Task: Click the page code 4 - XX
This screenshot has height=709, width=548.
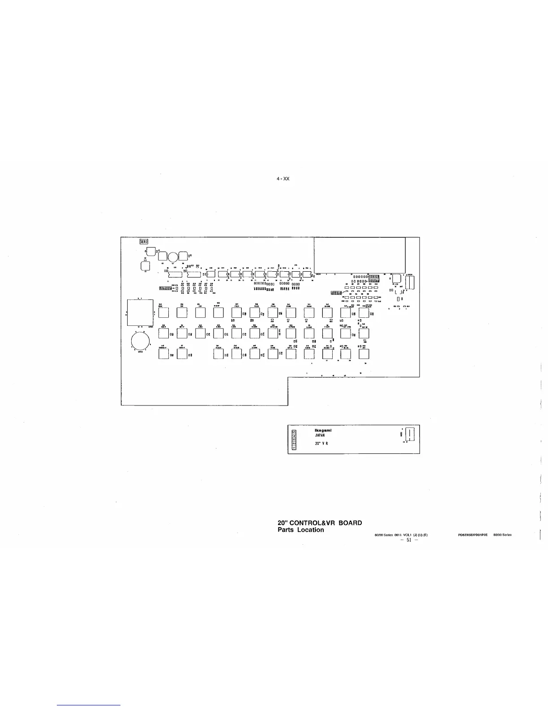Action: pyautogui.click(x=283, y=179)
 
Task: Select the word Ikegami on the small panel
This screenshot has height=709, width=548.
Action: pyautogui.click(x=323, y=431)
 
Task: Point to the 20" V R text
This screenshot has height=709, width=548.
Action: pyautogui.click(x=322, y=444)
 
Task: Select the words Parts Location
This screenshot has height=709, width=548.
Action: pyautogui.click(x=301, y=530)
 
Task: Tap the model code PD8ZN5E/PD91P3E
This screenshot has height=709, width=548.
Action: pyautogui.click(x=472, y=535)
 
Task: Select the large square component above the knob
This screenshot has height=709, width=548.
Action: pyautogui.click(x=140, y=312)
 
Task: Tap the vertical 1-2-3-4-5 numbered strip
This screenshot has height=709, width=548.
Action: pyautogui.click(x=293, y=439)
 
